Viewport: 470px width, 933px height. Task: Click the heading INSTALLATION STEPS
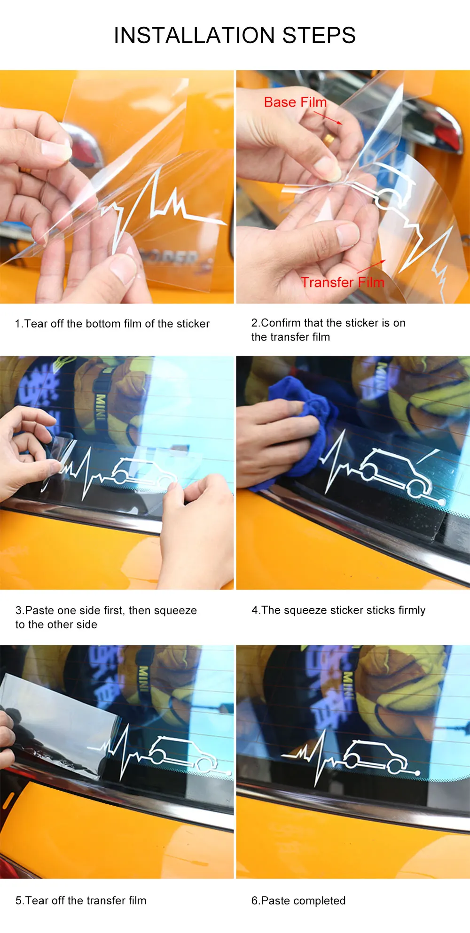coord(235,35)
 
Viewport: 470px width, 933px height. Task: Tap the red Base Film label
coord(295,102)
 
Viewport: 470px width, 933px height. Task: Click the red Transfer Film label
coord(343,282)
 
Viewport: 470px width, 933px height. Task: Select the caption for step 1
coord(112,324)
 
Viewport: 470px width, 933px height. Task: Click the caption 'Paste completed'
coord(298,901)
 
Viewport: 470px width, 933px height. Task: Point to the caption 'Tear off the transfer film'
coord(81,901)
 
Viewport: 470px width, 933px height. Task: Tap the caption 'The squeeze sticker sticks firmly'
coord(338,610)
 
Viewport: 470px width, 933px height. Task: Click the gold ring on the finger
coord(329,138)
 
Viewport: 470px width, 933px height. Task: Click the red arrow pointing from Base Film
coord(328,117)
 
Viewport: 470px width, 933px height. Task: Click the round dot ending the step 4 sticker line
coord(442,503)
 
